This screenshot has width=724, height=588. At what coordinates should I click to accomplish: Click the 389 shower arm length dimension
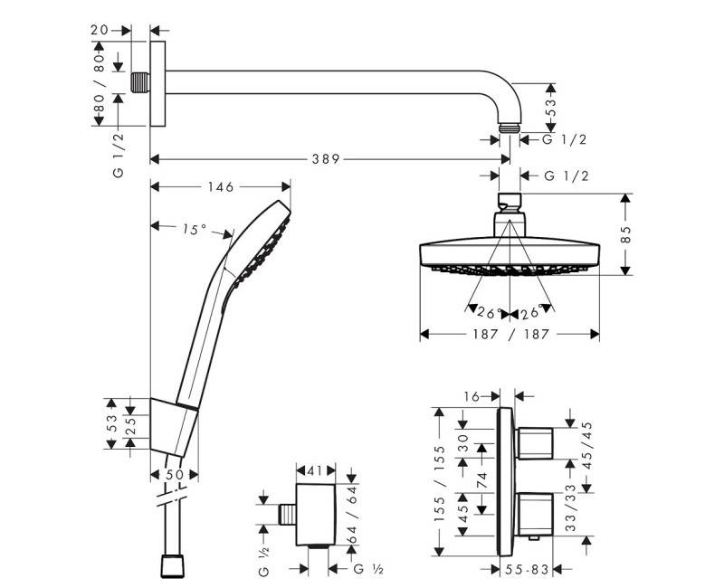(328, 159)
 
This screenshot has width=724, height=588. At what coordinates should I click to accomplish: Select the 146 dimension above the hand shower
(220, 187)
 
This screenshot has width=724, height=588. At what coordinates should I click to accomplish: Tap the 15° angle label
(194, 230)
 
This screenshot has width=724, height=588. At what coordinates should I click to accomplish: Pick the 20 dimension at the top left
(100, 30)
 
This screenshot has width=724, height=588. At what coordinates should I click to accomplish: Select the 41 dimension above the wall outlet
(316, 470)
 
